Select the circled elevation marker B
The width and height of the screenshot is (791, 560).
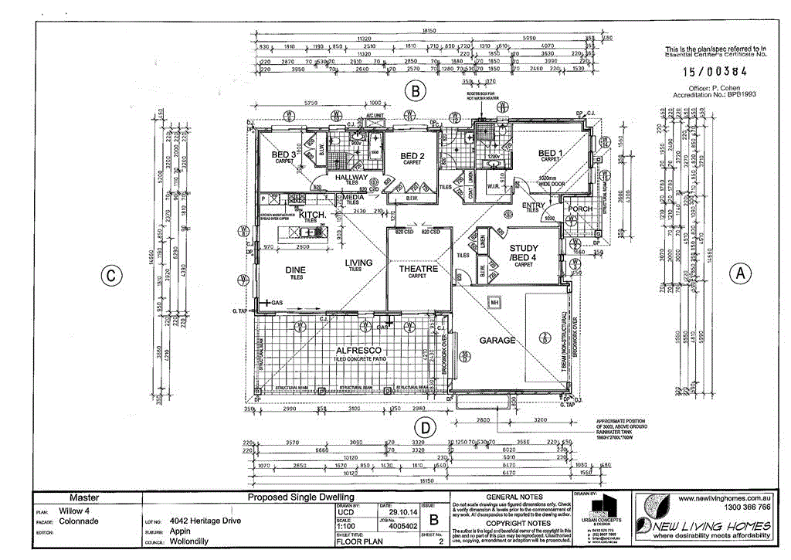click(416, 92)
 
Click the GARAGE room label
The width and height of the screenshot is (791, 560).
click(497, 340)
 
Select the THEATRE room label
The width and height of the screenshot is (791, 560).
click(418, 269)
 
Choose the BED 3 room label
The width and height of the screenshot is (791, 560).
click(283, 155)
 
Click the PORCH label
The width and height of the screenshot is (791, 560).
click(580, 209)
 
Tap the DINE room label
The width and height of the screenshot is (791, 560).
click(295, 270)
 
